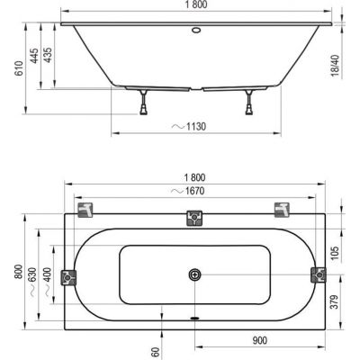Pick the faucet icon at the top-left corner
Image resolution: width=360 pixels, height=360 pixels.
tap(85, 211)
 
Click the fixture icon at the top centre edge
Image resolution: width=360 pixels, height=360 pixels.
tap(193, 217)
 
